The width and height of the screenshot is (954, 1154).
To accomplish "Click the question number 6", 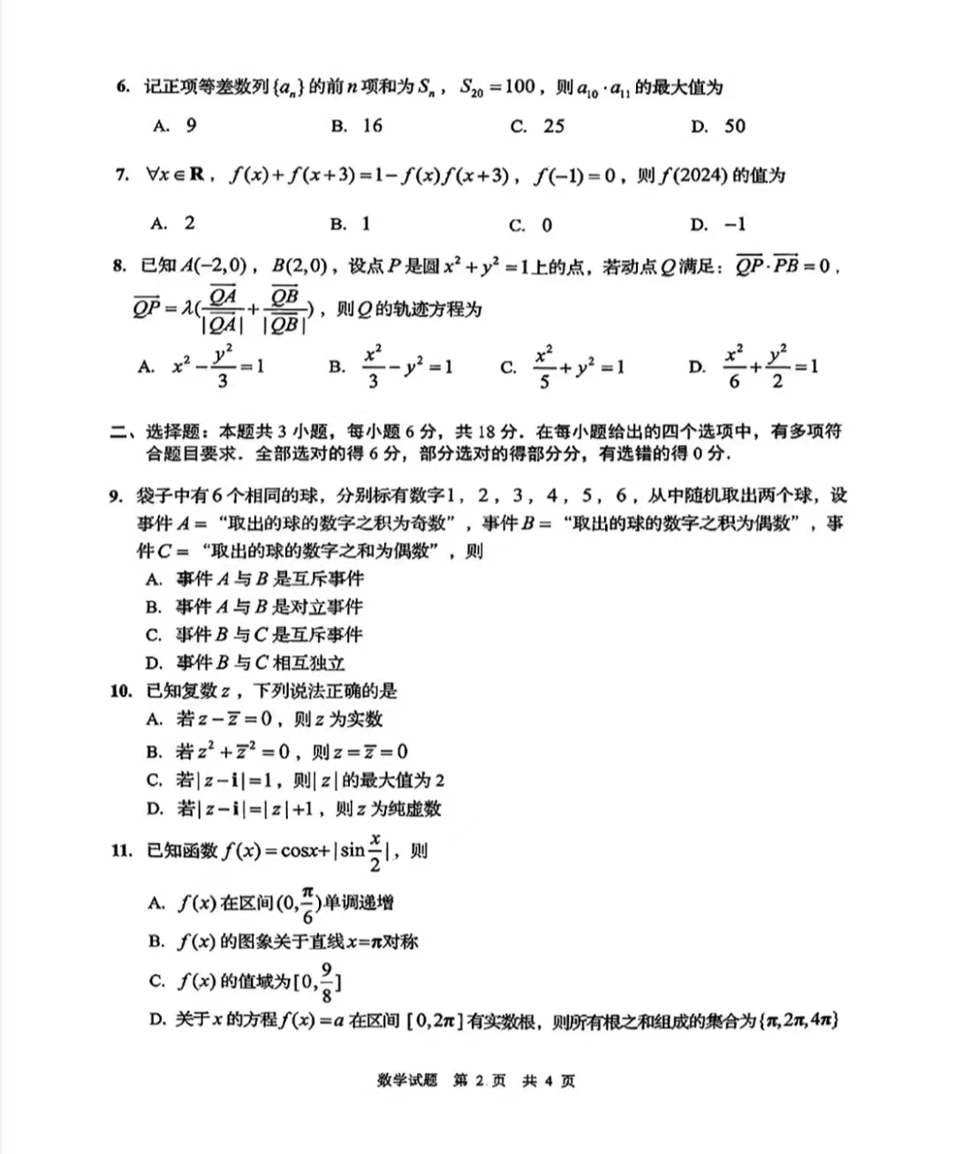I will (123, 87).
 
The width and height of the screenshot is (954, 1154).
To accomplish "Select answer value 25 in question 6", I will (554, 126).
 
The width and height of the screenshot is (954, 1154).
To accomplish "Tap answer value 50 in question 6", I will (735, 126).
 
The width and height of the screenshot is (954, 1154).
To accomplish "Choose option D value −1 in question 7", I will (735, 224).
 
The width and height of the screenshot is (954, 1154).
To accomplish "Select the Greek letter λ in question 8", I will (187, 309).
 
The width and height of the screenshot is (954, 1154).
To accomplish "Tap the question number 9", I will (116, 495).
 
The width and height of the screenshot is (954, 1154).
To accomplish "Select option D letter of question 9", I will (155, 663).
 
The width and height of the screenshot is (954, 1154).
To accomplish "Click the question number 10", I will (121, 691).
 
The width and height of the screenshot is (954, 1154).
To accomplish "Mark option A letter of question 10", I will (155, 720).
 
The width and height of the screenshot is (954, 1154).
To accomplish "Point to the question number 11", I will (121, 850).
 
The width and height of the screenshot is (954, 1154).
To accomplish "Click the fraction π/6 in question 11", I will (307, 903).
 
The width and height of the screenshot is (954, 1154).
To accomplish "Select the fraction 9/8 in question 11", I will (326, 981).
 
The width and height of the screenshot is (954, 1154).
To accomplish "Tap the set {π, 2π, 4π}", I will (799, 1021).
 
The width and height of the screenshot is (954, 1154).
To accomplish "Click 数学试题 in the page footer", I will (406, 1081).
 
